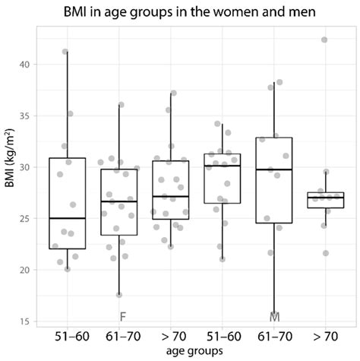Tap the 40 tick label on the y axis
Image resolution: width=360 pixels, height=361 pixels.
tap(26, 64)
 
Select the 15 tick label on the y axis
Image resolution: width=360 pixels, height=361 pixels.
tap(26, 321)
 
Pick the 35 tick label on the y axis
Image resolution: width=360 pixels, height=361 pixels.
tap(26, 116)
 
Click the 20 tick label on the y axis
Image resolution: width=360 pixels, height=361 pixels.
tap(26, 270)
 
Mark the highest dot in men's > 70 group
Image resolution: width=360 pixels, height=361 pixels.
tap(325, 40)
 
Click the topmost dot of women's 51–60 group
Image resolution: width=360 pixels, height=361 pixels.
tap(65, 52)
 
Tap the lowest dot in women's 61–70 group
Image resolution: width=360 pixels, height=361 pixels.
tap(118, 295)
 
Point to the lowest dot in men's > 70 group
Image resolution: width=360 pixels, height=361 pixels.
tap(325, 253)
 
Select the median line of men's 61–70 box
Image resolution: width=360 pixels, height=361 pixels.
tap(274, 169)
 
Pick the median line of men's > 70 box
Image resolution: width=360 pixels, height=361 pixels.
tap(325, 198)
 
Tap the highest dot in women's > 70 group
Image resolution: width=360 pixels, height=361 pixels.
tap(173, 93)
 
